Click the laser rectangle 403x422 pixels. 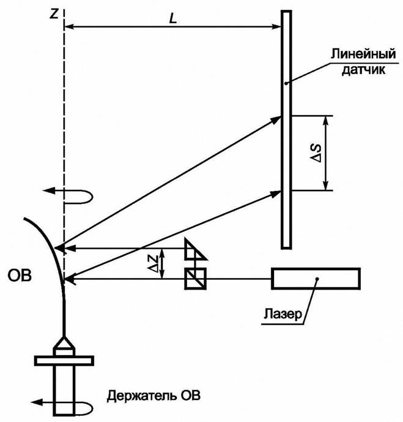(316, 279)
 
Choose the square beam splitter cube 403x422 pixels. (197, 279)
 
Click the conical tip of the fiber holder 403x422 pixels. (64, 346)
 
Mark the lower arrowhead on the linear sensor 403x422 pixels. (277, 193)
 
